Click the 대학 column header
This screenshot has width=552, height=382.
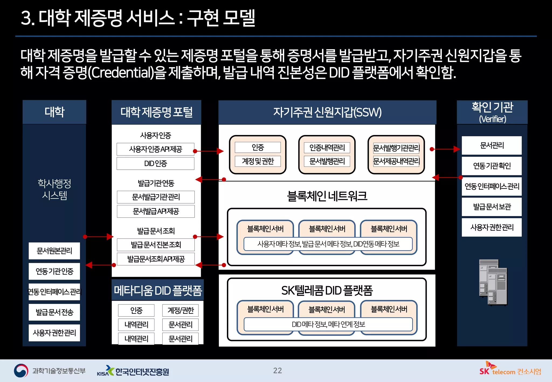(x=54, y=112)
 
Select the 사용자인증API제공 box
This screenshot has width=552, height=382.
(x=155, y=149)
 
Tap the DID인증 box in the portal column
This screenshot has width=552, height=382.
(x=155, y=163)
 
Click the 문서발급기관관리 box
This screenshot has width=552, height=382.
(x=156, y=197)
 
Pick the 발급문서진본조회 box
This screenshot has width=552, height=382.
(x=156, y=245)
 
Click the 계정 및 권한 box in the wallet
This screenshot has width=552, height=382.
(x=257, y=161)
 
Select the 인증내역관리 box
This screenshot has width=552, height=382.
(x=327, y=147)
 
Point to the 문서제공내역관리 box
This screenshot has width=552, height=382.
(x=396, y=161)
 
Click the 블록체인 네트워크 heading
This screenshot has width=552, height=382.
(x=327, y=196)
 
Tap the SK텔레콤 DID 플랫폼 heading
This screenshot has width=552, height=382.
(x=327, y=290)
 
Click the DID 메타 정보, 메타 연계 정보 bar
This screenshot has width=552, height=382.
(x=328, y=324)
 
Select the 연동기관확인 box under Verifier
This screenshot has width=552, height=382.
(x=492, y=166)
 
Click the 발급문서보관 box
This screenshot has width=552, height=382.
(x=492, y=207)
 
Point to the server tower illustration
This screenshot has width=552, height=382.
(x=493, y=282)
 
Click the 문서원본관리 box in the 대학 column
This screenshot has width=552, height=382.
(x=54, y=251)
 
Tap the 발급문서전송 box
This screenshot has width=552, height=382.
(x=54, y=312)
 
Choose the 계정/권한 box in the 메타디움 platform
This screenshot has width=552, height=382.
(x=180, y=310)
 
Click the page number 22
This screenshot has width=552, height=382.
(x=277, y=370)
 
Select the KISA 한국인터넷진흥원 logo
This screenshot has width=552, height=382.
(x=133, y=371)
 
